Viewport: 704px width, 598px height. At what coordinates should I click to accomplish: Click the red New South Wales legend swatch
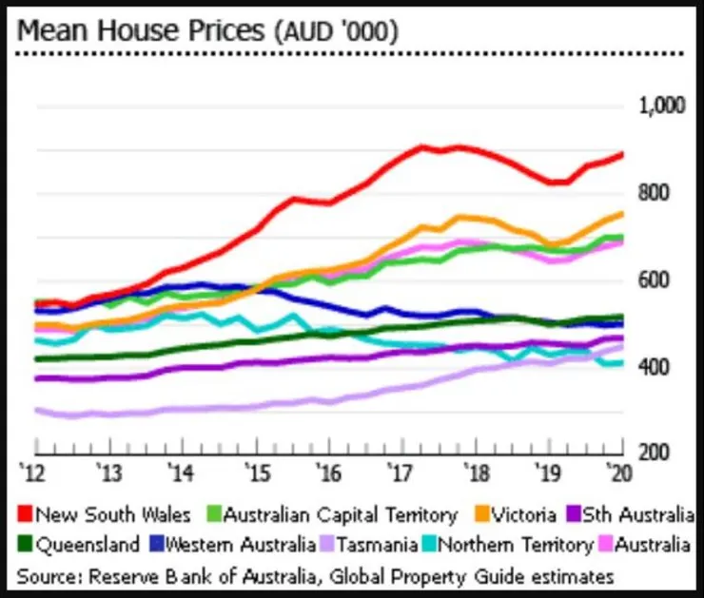(26, 516)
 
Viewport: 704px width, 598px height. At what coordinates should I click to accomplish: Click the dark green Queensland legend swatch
(26, 546)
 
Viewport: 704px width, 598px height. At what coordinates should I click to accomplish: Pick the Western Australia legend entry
(243, 546)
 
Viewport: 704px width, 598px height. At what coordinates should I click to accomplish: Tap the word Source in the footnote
(48, 575)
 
